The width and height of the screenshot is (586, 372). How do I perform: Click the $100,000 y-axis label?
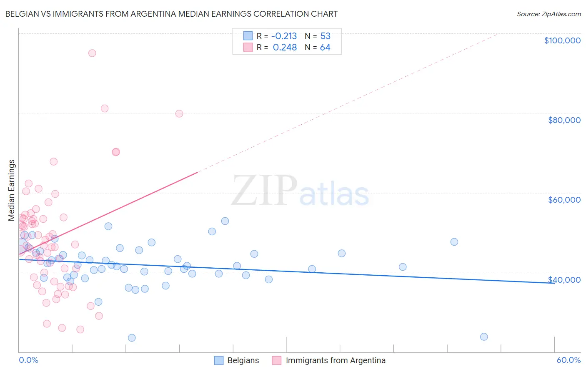pos(562,40)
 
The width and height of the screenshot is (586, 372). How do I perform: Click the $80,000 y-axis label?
pos(564,120)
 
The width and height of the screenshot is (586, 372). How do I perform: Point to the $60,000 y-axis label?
pos(564,200)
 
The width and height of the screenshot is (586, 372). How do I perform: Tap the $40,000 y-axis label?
pos(564,280)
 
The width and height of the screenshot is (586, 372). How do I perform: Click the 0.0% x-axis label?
pos(28,360)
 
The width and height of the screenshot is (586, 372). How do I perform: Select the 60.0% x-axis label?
pos(568,360)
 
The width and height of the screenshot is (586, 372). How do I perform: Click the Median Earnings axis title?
pos(11,190)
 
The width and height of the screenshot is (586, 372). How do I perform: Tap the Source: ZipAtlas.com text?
pos(548,14)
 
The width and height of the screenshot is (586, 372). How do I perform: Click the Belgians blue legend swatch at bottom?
pos(219,360)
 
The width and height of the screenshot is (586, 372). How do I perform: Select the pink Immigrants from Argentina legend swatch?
pos(276,360)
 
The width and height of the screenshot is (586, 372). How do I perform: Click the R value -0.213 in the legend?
pos(284,36)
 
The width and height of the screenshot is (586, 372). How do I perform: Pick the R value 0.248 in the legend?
pos(285,48)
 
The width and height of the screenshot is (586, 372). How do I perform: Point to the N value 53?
pos(325,36)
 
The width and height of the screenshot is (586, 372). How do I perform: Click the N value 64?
pos(325,48)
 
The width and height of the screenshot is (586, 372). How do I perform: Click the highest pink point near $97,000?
pos(92,53)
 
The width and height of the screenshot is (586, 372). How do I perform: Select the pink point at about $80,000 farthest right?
pos(179,113)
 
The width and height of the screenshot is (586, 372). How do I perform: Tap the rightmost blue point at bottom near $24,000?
pos(484,337)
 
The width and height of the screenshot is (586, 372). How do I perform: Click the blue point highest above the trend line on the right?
pos(454,242)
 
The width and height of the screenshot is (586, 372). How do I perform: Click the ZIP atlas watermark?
pos(300,191)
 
